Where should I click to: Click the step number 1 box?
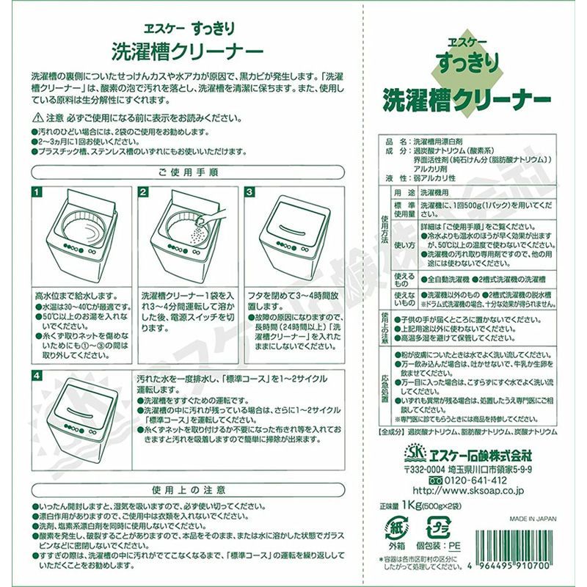coord(37,192)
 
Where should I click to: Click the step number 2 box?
coord(144,192)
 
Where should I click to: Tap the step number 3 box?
coord(250,192)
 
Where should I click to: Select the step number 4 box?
coord(37,376)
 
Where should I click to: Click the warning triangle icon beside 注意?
coord(37,117)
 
